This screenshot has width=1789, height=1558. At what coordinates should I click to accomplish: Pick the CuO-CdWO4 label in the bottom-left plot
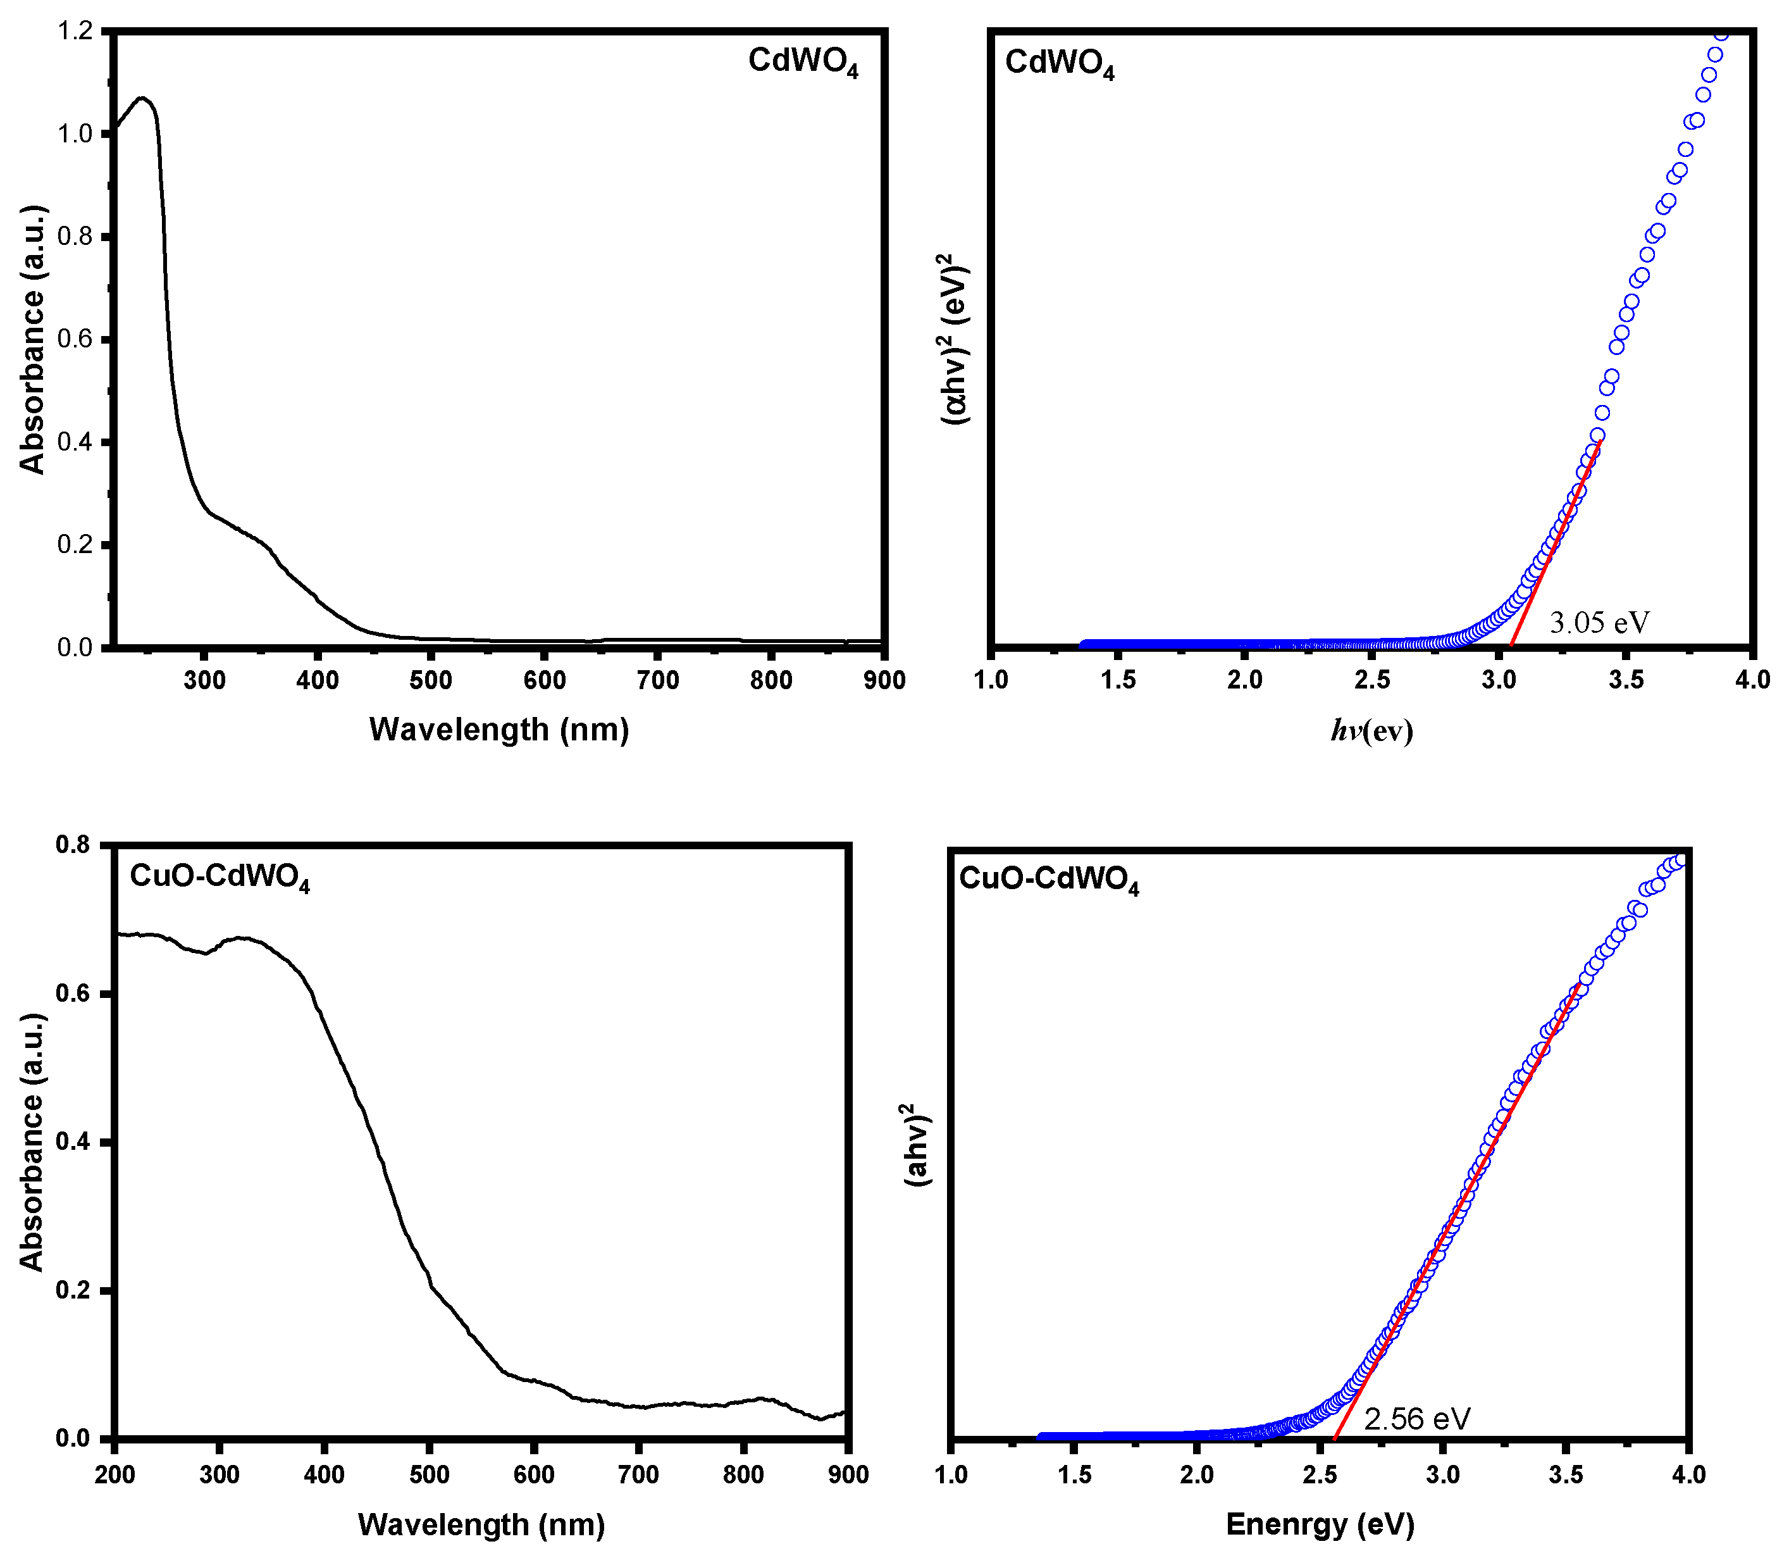point(219,876)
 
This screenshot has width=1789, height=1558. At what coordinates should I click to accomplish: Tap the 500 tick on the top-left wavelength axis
point(431,681)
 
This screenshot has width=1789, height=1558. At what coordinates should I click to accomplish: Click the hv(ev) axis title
point(1371,731)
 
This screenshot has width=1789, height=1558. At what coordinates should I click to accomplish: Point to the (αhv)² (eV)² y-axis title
point(955,339)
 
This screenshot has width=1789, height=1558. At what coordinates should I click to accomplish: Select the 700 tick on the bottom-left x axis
point(638,1474)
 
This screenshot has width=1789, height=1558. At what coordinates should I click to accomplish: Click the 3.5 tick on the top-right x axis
point(1626,681)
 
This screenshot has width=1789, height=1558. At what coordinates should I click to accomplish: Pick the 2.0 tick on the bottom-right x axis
point(1196,1474)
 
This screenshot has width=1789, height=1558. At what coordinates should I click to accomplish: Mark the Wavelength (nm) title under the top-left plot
point(499,730)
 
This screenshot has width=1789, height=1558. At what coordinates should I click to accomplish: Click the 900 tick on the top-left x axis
point(884,681)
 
